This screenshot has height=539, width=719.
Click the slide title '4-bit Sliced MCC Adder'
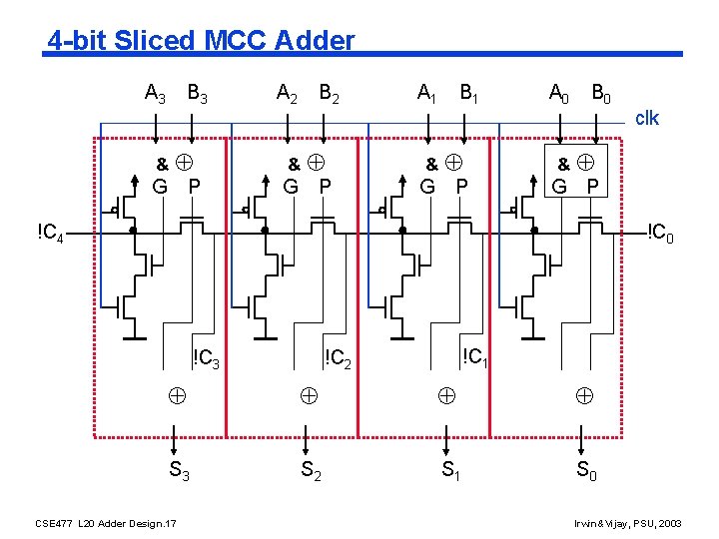(x=201, y=41)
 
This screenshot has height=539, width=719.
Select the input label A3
(x=156, y=95)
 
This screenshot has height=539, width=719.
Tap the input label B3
(x=198, y=95)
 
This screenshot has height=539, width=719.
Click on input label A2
(x=288, y=95)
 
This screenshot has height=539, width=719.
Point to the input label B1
(x=467, y=95)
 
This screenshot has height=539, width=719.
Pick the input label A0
(x=559, y=95)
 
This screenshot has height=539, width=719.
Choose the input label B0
(x=601, y=95)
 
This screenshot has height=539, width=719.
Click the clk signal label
(x=647, y=118)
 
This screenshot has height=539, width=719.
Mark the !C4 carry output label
(x=51, y=234)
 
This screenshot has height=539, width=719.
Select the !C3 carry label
(x=206, y=357)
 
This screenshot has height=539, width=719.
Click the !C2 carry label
(x=339, y=357)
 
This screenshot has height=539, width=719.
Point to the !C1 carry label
(x=474, y=355)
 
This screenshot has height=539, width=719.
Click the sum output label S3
(x=180, y=470)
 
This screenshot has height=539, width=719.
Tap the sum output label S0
(x=587, y=470)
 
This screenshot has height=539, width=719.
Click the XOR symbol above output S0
(x=584, y=395)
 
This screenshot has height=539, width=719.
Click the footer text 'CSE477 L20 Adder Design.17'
(x=106, y=522)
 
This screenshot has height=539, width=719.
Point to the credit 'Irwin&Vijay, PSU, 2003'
(x=627, y=522)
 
